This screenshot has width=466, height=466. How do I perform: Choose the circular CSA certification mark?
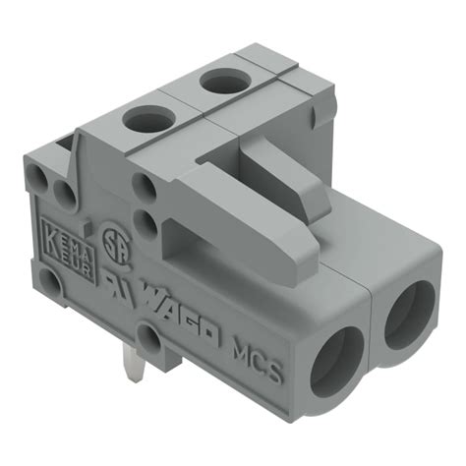(x=115, y=242)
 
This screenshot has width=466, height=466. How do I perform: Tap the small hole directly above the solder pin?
(x=148, y=340)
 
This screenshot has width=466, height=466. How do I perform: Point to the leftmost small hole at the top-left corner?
(x=41, y=177)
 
